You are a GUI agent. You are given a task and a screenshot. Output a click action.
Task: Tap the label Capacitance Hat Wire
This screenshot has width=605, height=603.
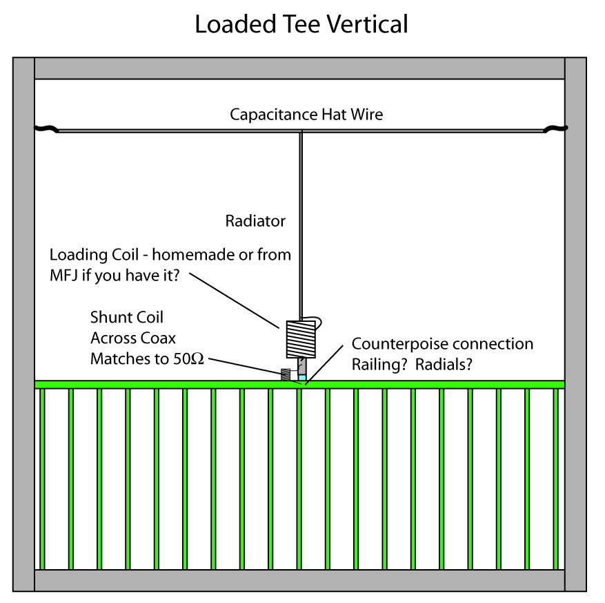(x=306, y=114)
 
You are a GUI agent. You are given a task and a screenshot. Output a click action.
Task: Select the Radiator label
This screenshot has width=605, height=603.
(x=255, y=221)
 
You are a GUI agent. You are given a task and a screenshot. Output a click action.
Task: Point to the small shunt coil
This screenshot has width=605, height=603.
(x=286, y=375)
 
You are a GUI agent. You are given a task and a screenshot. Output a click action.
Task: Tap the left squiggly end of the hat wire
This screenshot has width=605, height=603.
(x=46, y=128)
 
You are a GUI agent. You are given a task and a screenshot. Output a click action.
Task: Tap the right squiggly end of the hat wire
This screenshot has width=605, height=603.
(x=555, y=128)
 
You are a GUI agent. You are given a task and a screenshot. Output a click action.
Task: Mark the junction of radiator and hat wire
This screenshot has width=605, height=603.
(x=301, y=131)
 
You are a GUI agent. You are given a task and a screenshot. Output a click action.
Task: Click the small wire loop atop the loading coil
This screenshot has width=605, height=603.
(x=317, y=320)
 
